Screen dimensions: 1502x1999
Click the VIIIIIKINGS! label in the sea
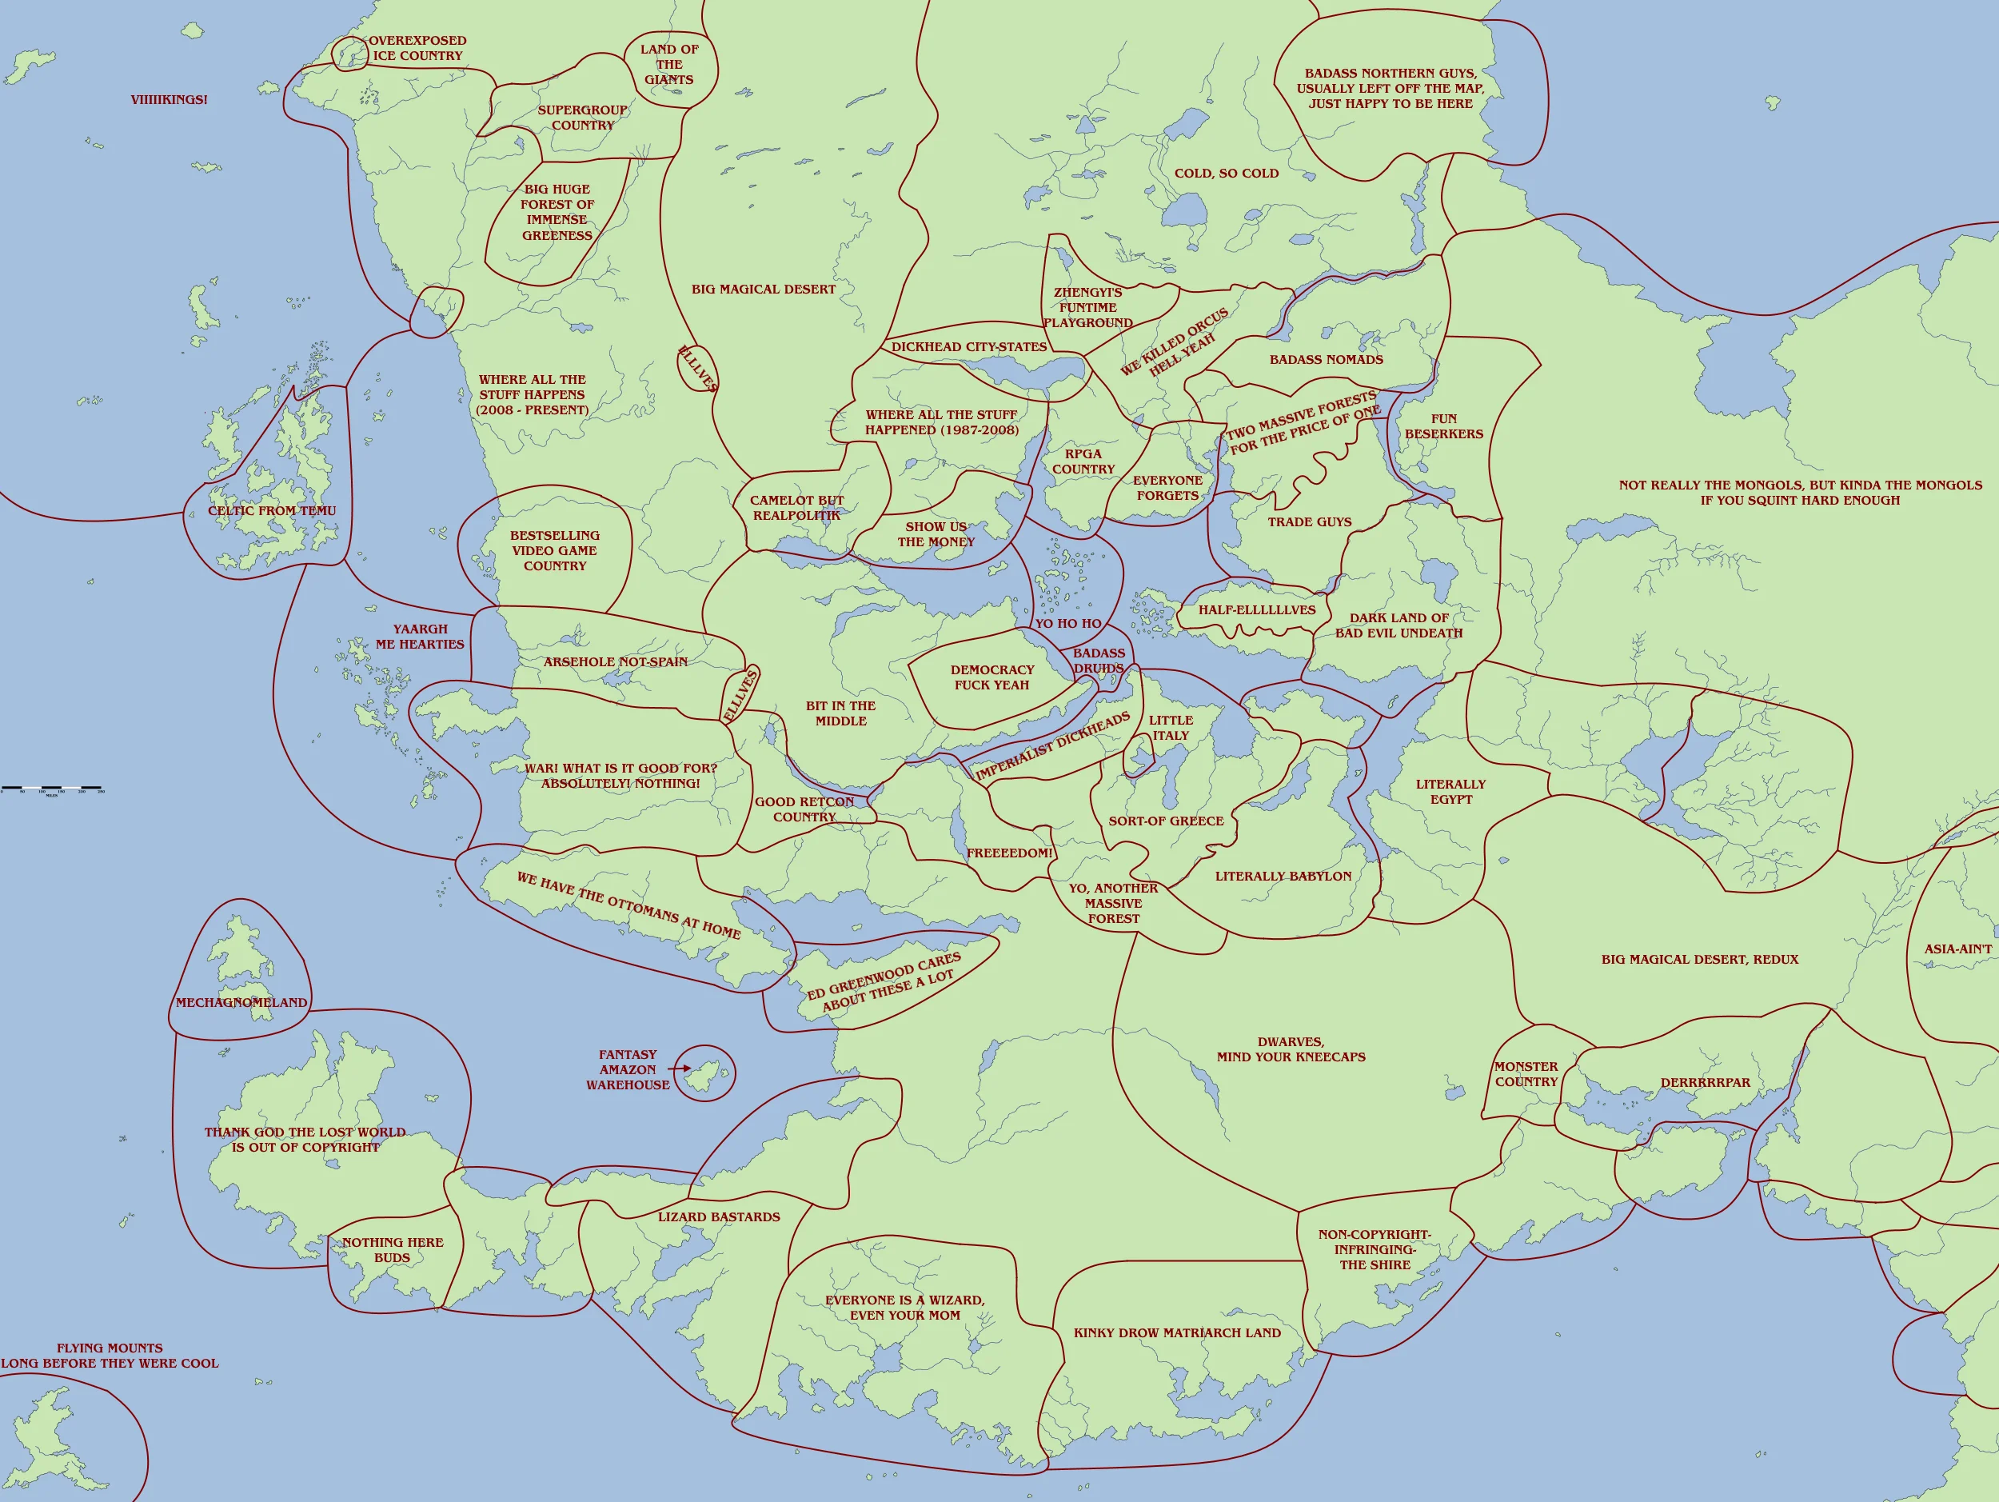[x=168, y=99]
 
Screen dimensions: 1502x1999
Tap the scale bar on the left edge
[x=51, y=789]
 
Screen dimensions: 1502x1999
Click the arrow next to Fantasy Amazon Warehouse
[x=680, y=1069]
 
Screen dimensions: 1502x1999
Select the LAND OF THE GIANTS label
[x=668, y=64]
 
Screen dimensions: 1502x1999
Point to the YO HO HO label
[x=1068, y=624]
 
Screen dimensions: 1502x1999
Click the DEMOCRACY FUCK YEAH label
[x=992, y=677]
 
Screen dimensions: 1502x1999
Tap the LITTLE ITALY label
[x=1171, y=728]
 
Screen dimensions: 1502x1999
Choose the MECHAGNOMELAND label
[x=241, y=1002]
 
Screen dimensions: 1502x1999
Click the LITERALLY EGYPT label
[x=1450, y=792]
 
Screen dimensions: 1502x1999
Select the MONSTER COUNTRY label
[x=1526, y=1073]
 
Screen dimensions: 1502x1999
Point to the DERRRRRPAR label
[x=1705, y=1083]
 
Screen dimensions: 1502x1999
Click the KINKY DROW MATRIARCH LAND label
[x=1177, y=1332]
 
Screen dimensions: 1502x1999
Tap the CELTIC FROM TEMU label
[x=271, y=510]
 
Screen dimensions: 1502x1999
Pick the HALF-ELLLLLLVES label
[x=1256, y=610]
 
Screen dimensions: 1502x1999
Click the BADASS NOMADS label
[x=1326, y=360]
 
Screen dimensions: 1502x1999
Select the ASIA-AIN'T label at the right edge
[x=1957, y=949]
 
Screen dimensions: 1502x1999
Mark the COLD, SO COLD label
[x=1227, y=174]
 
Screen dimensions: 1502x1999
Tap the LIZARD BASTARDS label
[x=719, y=1216]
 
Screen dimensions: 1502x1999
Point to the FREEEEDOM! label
[x=1009, y=853]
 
